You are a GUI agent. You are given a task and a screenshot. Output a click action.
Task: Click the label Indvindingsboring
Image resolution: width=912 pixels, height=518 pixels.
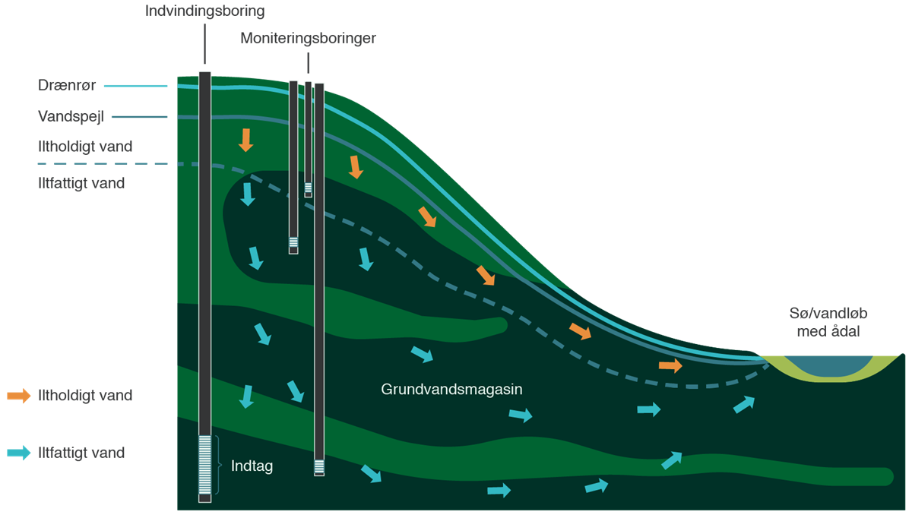[205, 11]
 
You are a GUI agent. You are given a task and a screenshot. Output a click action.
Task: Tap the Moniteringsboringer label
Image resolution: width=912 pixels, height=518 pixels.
[308, 38]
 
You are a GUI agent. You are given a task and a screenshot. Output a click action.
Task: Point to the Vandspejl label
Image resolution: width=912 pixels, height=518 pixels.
[70, 117]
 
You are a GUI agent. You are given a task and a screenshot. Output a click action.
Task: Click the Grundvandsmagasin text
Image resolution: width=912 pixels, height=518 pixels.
[451, 390]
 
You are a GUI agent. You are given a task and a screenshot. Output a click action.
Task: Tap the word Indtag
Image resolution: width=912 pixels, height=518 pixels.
[252, 466]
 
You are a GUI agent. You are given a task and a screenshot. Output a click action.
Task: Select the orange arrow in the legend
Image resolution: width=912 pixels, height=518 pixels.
[18, 396]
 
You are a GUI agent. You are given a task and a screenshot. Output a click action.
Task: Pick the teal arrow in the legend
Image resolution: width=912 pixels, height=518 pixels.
[18, 453]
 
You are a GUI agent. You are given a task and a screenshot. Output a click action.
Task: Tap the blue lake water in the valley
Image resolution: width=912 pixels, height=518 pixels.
[825, 365]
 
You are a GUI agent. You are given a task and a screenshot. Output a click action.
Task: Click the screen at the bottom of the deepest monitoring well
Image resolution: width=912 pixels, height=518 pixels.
[319, 466]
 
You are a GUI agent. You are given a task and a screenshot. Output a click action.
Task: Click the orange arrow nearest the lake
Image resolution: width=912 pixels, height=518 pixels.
[670, 366]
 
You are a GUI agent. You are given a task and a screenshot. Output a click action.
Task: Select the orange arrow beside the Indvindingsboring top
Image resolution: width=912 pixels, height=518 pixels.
[245, 140]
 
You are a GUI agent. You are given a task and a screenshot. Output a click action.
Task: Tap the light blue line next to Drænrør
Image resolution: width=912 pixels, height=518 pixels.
[135, 86]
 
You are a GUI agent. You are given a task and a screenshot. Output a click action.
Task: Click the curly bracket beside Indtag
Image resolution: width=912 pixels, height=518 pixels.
[218, 466]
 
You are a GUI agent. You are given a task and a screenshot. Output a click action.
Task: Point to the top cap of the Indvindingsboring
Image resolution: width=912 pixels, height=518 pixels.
[204, 74]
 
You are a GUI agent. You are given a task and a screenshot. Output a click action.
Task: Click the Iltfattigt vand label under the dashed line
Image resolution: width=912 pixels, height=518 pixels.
[81, 183]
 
